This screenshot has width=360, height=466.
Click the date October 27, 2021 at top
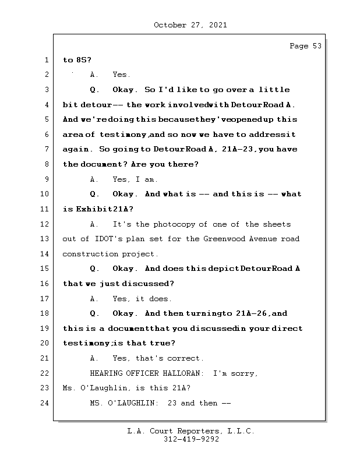pos(190,25)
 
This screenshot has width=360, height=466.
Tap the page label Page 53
pos(305,46)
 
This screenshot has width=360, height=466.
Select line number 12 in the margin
pos(45,224)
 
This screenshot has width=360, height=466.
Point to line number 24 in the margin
pos(45,403)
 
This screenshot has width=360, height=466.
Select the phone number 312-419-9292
pos(190,440)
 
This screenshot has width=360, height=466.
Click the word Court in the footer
pos(160,431)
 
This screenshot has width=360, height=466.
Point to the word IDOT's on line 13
pos(108,239)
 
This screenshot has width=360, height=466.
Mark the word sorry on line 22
pos(245,373)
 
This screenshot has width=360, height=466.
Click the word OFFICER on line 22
pos(141,373)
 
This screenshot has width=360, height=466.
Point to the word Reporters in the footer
pos(197,431)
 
